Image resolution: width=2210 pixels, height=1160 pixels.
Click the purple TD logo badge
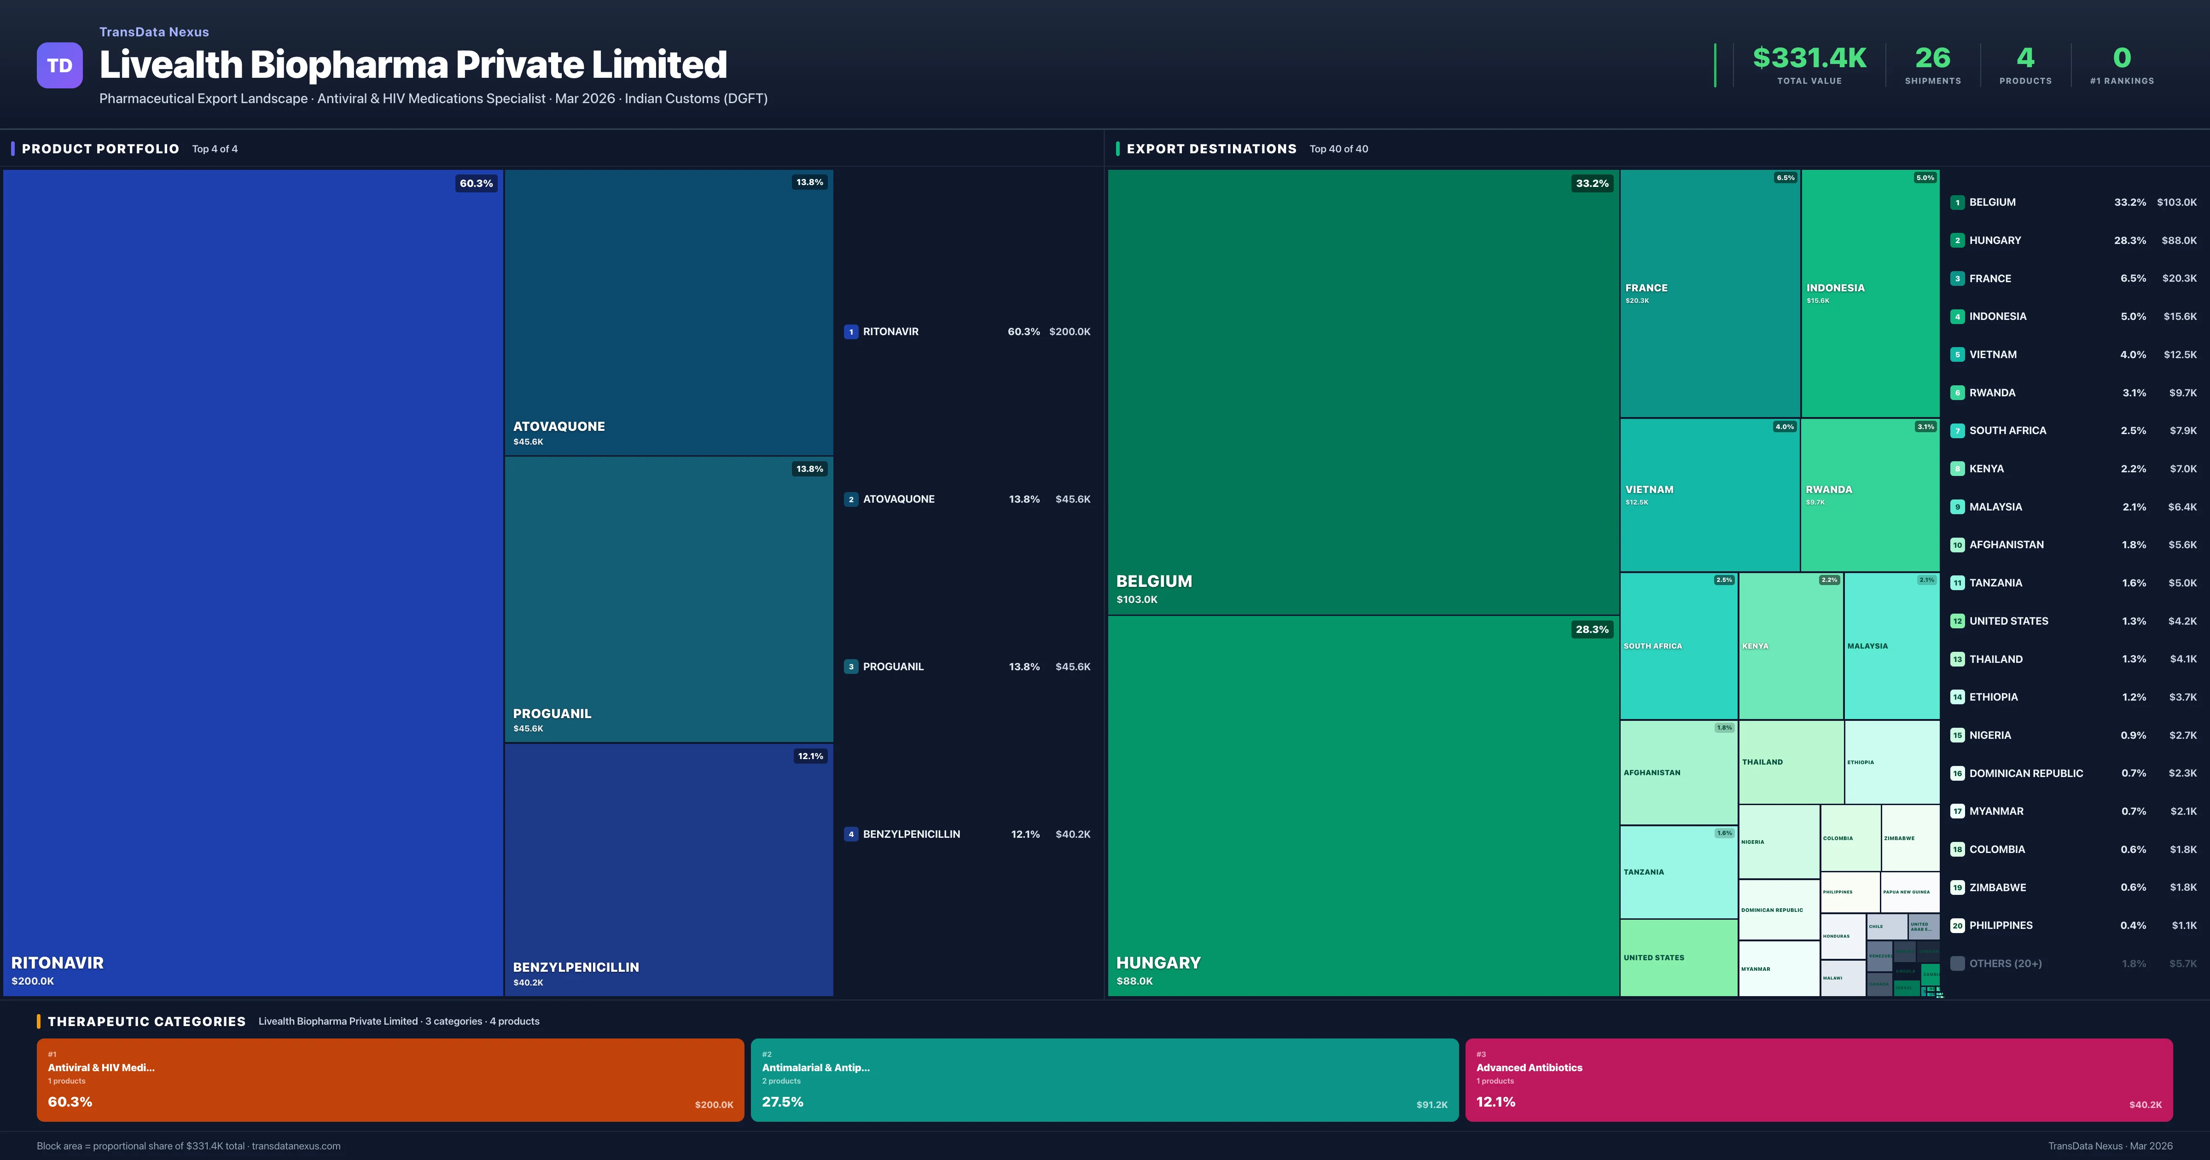(59, 65)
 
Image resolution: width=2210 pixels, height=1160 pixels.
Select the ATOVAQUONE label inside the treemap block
(558, 426)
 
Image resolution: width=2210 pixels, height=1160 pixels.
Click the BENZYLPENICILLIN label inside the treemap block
(576, 967)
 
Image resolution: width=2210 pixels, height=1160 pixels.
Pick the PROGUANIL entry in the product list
(893, 667)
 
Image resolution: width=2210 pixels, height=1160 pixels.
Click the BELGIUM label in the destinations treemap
(1154, 581)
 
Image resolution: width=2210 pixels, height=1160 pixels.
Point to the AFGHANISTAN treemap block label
(1652, 773)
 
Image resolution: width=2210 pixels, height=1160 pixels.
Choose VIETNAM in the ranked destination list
(1992, 354)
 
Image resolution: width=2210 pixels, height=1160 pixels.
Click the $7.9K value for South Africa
(2182, 431)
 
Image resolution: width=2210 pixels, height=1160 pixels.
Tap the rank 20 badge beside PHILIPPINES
(1957, 926)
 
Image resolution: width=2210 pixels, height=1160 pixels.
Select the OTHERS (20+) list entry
(2005, 963)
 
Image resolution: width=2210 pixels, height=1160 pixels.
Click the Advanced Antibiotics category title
(1529, 1067)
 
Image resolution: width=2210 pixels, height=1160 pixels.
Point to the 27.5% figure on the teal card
(782, 1102)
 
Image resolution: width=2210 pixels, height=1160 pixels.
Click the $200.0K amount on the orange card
(714, 1105)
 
